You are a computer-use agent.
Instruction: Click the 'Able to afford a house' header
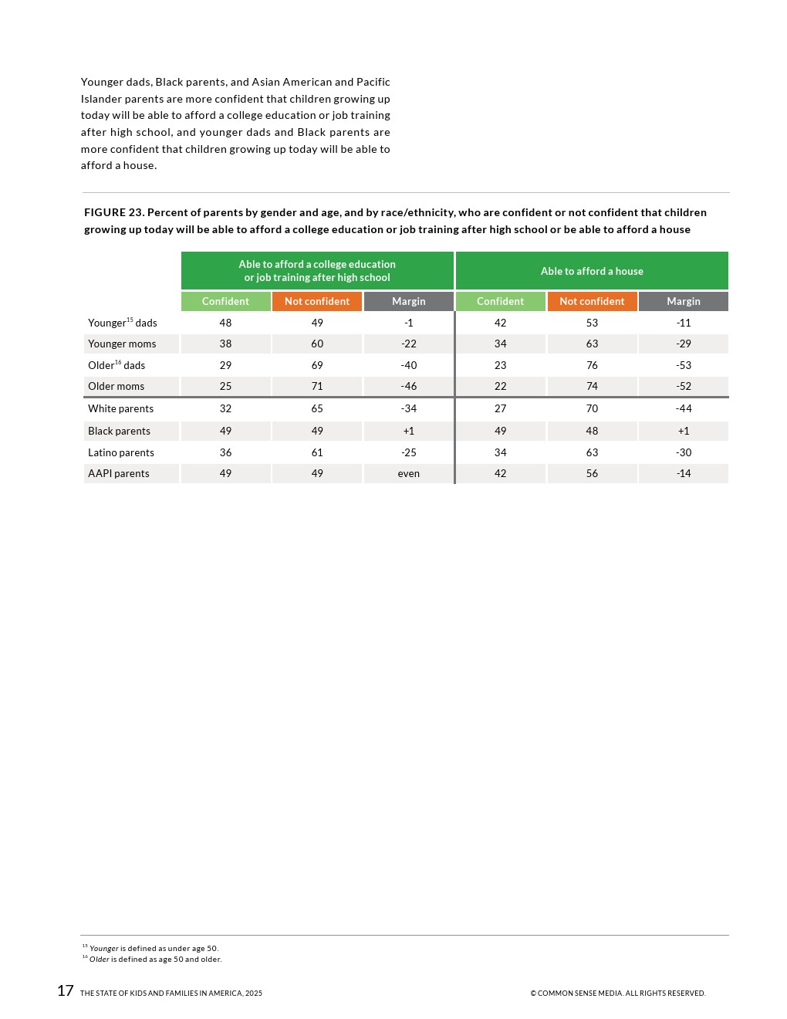click(x=592, y=271)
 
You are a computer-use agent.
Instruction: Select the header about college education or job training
click(x=317, y=271)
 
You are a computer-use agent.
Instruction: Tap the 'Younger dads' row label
click(x=123, y=323)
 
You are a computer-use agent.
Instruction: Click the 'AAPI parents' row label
click(x=119, y=473)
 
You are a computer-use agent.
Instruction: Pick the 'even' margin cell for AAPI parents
click(x=409, y=473)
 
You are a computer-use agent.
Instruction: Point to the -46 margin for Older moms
click(x=409, y=386)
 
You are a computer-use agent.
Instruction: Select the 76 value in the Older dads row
click(x=592, y=365)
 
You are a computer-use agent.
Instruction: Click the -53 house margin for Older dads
click(x=684, y=365)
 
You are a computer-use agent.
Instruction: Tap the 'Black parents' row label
click(x=119, y=431)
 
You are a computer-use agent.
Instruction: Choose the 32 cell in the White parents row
click(x=225, y=408)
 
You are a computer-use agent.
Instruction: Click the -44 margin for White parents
click(x=684, y=408)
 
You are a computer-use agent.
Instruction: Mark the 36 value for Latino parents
click(x=225, y=452)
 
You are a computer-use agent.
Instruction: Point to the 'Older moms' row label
click(x=116, y=386)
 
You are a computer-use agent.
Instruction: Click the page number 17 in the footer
click(x=66, y=991)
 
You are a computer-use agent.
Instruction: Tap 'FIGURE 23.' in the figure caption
click(x=114, y=212)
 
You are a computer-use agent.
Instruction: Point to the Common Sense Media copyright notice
click(x=617, y=994)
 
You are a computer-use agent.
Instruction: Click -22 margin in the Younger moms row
click(x=409, y=344)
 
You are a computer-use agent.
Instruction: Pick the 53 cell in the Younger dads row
click(x=592, y=323)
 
